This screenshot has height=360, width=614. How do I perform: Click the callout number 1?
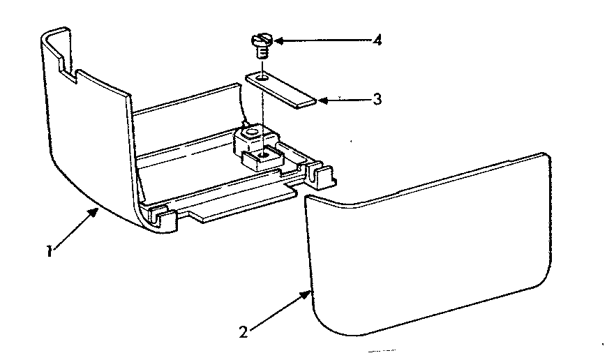coord(49,251)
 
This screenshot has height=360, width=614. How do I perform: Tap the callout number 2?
coord(244,333)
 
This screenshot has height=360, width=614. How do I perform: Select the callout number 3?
coord(377,99)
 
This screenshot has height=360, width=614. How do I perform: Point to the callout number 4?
coord(377,40)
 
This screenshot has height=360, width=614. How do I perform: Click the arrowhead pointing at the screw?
coord(278,40)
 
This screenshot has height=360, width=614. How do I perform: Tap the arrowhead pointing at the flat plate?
coord(322,100)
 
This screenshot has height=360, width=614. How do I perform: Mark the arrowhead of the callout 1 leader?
coord(93,213)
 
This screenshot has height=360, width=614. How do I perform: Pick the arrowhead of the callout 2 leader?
coord(306,294)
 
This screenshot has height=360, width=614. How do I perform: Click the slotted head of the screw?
coord(261,40)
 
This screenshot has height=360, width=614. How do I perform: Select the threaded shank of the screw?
coord(263,51)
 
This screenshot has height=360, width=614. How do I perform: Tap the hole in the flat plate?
coord(263,77)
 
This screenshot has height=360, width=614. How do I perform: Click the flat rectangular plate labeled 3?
coord(280,90)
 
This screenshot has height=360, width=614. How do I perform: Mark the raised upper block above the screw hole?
coord(253,135)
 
